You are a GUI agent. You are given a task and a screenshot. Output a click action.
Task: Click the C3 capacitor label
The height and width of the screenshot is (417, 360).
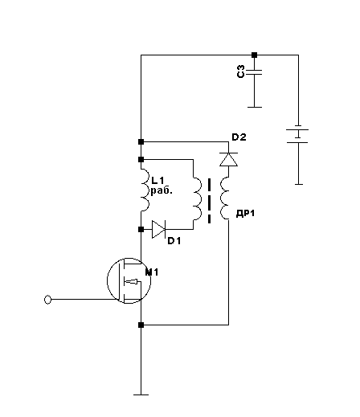[241, 72]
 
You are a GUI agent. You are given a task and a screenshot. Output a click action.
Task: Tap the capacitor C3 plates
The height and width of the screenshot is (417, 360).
[254, 72]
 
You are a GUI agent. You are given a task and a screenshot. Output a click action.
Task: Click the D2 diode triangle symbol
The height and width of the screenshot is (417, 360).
[228, 159]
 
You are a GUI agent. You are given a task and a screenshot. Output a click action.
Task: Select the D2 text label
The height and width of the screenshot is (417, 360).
[239, 137]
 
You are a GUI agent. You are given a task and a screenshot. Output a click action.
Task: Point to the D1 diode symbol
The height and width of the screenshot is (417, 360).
[158, 229]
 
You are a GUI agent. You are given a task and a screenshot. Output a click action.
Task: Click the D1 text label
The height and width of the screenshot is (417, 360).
[174, 241]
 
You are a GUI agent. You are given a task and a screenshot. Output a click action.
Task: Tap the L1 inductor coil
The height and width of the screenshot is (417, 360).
[145, 190]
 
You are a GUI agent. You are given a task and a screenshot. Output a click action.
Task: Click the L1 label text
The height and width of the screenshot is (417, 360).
[157, 181]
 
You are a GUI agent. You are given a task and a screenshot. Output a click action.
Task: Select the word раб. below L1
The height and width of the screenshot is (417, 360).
[162, 191]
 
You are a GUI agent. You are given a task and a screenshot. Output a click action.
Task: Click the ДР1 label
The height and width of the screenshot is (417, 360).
[245, 214]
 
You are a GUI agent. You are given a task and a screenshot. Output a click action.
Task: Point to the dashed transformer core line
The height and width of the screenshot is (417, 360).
[209, 201]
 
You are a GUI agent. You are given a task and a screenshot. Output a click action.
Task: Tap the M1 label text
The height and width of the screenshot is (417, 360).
[152, 272]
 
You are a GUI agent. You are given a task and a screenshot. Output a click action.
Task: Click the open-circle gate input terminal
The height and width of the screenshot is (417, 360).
[47, 300]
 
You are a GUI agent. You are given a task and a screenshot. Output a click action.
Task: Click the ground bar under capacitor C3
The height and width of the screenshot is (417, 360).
[255, 107]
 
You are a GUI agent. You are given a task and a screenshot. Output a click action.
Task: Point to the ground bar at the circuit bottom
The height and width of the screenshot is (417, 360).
[141, 395]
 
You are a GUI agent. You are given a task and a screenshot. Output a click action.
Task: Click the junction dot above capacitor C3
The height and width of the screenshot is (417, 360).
[254, 55]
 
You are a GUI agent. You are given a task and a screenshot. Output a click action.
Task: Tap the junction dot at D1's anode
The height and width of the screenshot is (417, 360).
[141, 229]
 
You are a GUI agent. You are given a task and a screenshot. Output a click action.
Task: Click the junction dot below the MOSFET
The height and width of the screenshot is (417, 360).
[141, 325]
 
